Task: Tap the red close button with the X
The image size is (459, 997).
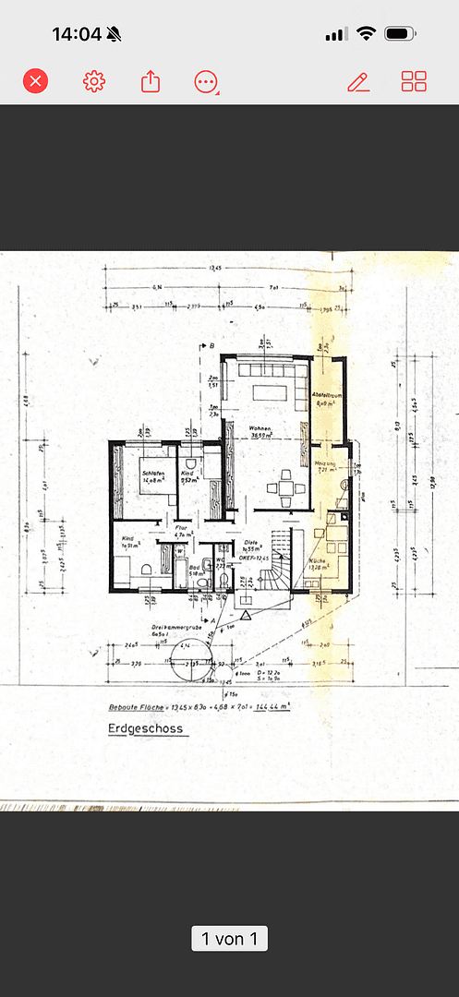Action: (x=35, y=81)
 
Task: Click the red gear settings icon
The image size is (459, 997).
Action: (x=94, y=81)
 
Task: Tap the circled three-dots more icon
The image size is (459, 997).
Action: (x=205, y=82)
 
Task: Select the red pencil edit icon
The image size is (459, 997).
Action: (x=358, y=82)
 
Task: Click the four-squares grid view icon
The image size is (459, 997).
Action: (x=414, y=81)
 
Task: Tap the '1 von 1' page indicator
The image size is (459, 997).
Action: (x=229, y=939)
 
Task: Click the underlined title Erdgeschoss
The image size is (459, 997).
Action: (x=143, y=728)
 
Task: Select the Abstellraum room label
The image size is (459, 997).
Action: (x=328, y=394)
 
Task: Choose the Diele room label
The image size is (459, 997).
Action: (x=250, y=544)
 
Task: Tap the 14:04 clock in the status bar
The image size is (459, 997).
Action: (x=76, y=34)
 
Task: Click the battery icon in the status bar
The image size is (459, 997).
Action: (x=401, y=34)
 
